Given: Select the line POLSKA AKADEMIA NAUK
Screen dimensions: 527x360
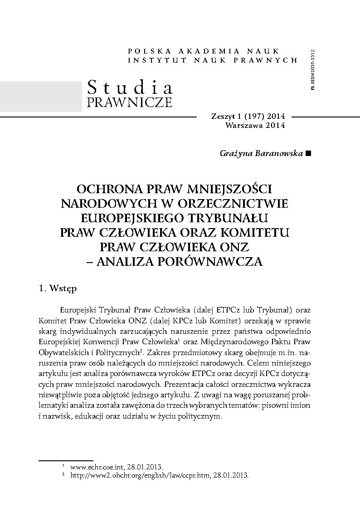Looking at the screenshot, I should click(x=204, y=51).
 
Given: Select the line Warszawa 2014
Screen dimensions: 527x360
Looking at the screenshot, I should click(x=255, y=126).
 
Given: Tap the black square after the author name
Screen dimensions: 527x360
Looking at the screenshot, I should click(x=309, y=154).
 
